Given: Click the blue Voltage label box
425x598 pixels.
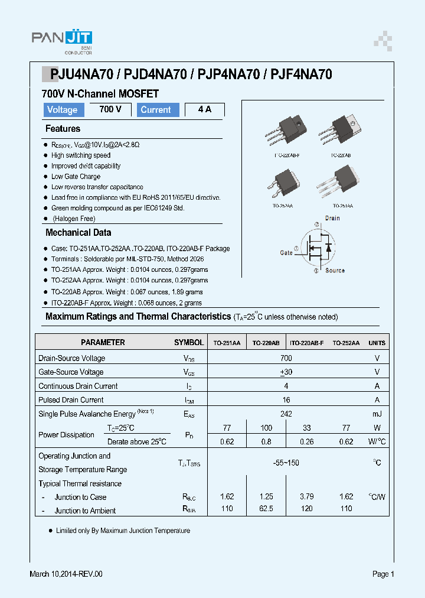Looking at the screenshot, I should pyautogui.click(x=63, y=110).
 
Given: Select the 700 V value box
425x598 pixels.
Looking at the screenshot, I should pyautogui.click(x=110, y=109).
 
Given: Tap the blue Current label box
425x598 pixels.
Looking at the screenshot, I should pyautogui.click(x=156, y=110).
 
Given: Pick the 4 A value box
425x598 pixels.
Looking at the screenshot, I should pyautogui.click(x=204, y=110).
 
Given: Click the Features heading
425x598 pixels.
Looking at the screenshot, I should pyautogui.click(x=63, y=129).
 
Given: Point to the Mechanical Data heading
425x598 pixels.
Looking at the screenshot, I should pyautogui.click(x=78, y=233).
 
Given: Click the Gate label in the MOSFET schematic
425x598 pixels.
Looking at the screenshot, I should pyautogui.click(x=286, y=253).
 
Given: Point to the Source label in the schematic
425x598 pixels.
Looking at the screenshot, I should pyautogui.click(x=335, y=271).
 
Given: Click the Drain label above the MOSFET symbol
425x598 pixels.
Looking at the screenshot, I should pyautogui.click(x=332, y=219).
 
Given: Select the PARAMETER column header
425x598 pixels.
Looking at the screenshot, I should pyautogui.click(x=103, y=343).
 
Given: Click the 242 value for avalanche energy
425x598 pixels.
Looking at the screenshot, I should pyautogui.click(x=286, y=414).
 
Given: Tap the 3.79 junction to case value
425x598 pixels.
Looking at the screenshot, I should pyautogui.click(x=306, y=497).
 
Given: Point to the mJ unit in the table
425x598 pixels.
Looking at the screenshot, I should pyautogui.click(x=377, y=414).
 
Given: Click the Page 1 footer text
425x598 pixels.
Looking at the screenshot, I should pyautogui.click(x=383, y=574).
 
